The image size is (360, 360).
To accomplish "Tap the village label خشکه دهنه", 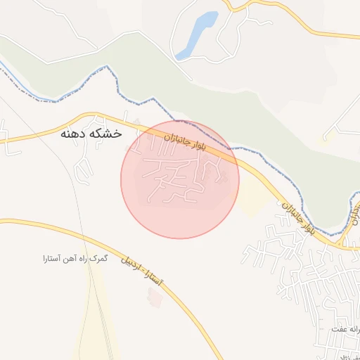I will [x=91, y=133].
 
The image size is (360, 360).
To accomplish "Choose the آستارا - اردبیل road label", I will [x=141, y=269].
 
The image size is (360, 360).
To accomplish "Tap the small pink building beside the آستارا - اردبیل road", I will [x=155, y=297].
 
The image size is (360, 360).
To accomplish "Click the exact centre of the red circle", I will [x=180, y=179].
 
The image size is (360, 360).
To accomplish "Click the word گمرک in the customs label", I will [x=101, y=259].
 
